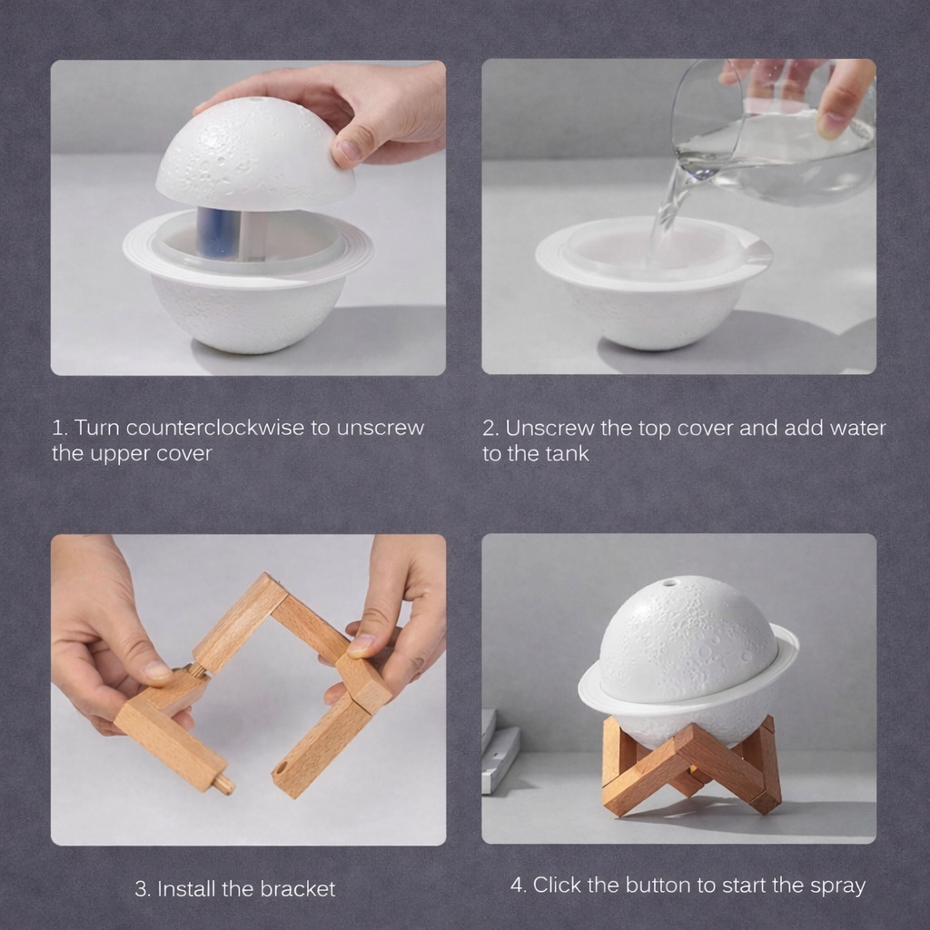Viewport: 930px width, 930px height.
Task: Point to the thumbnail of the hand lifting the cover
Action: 248,218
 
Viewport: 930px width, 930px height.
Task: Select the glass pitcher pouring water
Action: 777,136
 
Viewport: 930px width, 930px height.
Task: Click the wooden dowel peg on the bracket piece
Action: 222,783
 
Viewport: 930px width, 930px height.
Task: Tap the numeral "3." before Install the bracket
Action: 143,889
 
